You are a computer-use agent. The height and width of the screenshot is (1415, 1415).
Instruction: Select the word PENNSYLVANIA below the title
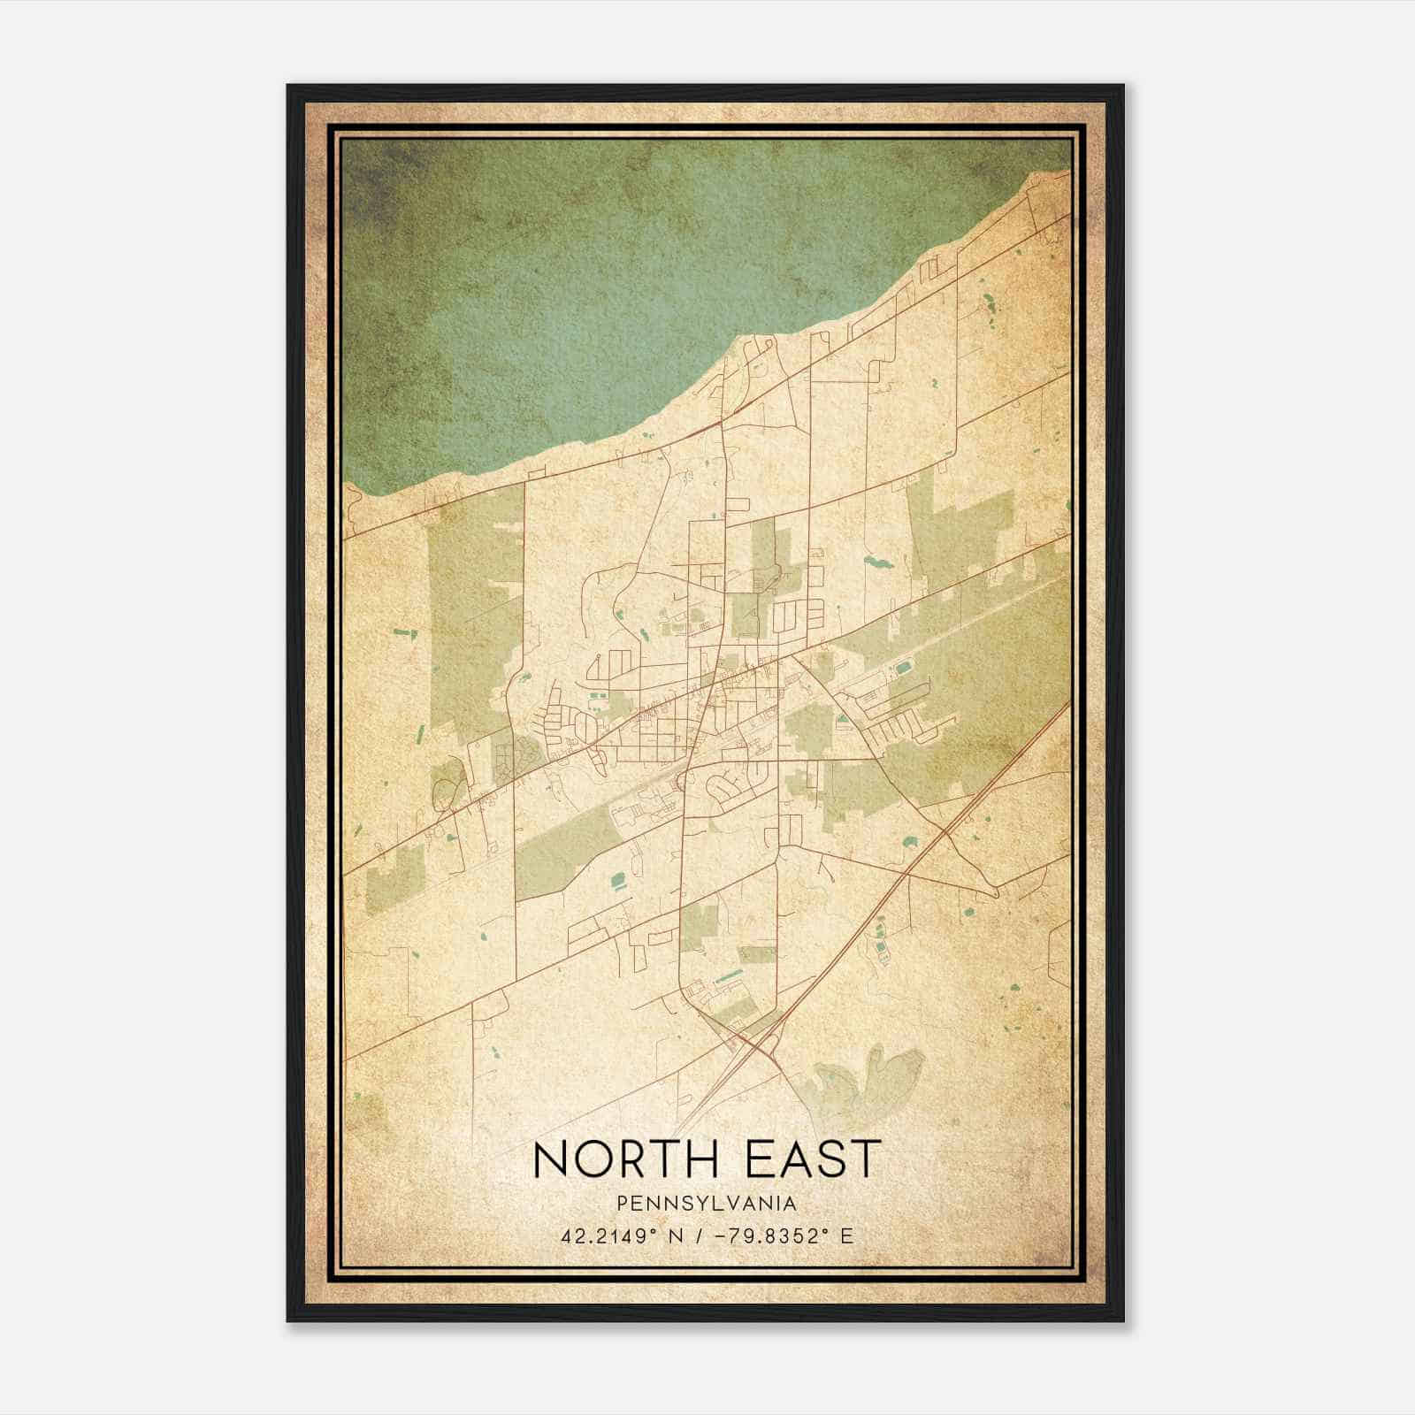(x=707, y=1204)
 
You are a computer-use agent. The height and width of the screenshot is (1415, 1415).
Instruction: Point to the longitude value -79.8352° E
(x=774, y=1235)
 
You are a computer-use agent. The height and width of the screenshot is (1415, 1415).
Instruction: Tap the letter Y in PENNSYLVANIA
(x=685, y=1204)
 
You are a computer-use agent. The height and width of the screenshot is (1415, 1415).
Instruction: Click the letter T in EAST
(x=868, y=1159)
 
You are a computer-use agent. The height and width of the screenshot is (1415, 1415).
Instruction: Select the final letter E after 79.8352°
(x=848, y=1235)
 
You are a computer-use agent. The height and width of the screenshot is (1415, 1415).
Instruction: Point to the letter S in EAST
(x=831, y=1159)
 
